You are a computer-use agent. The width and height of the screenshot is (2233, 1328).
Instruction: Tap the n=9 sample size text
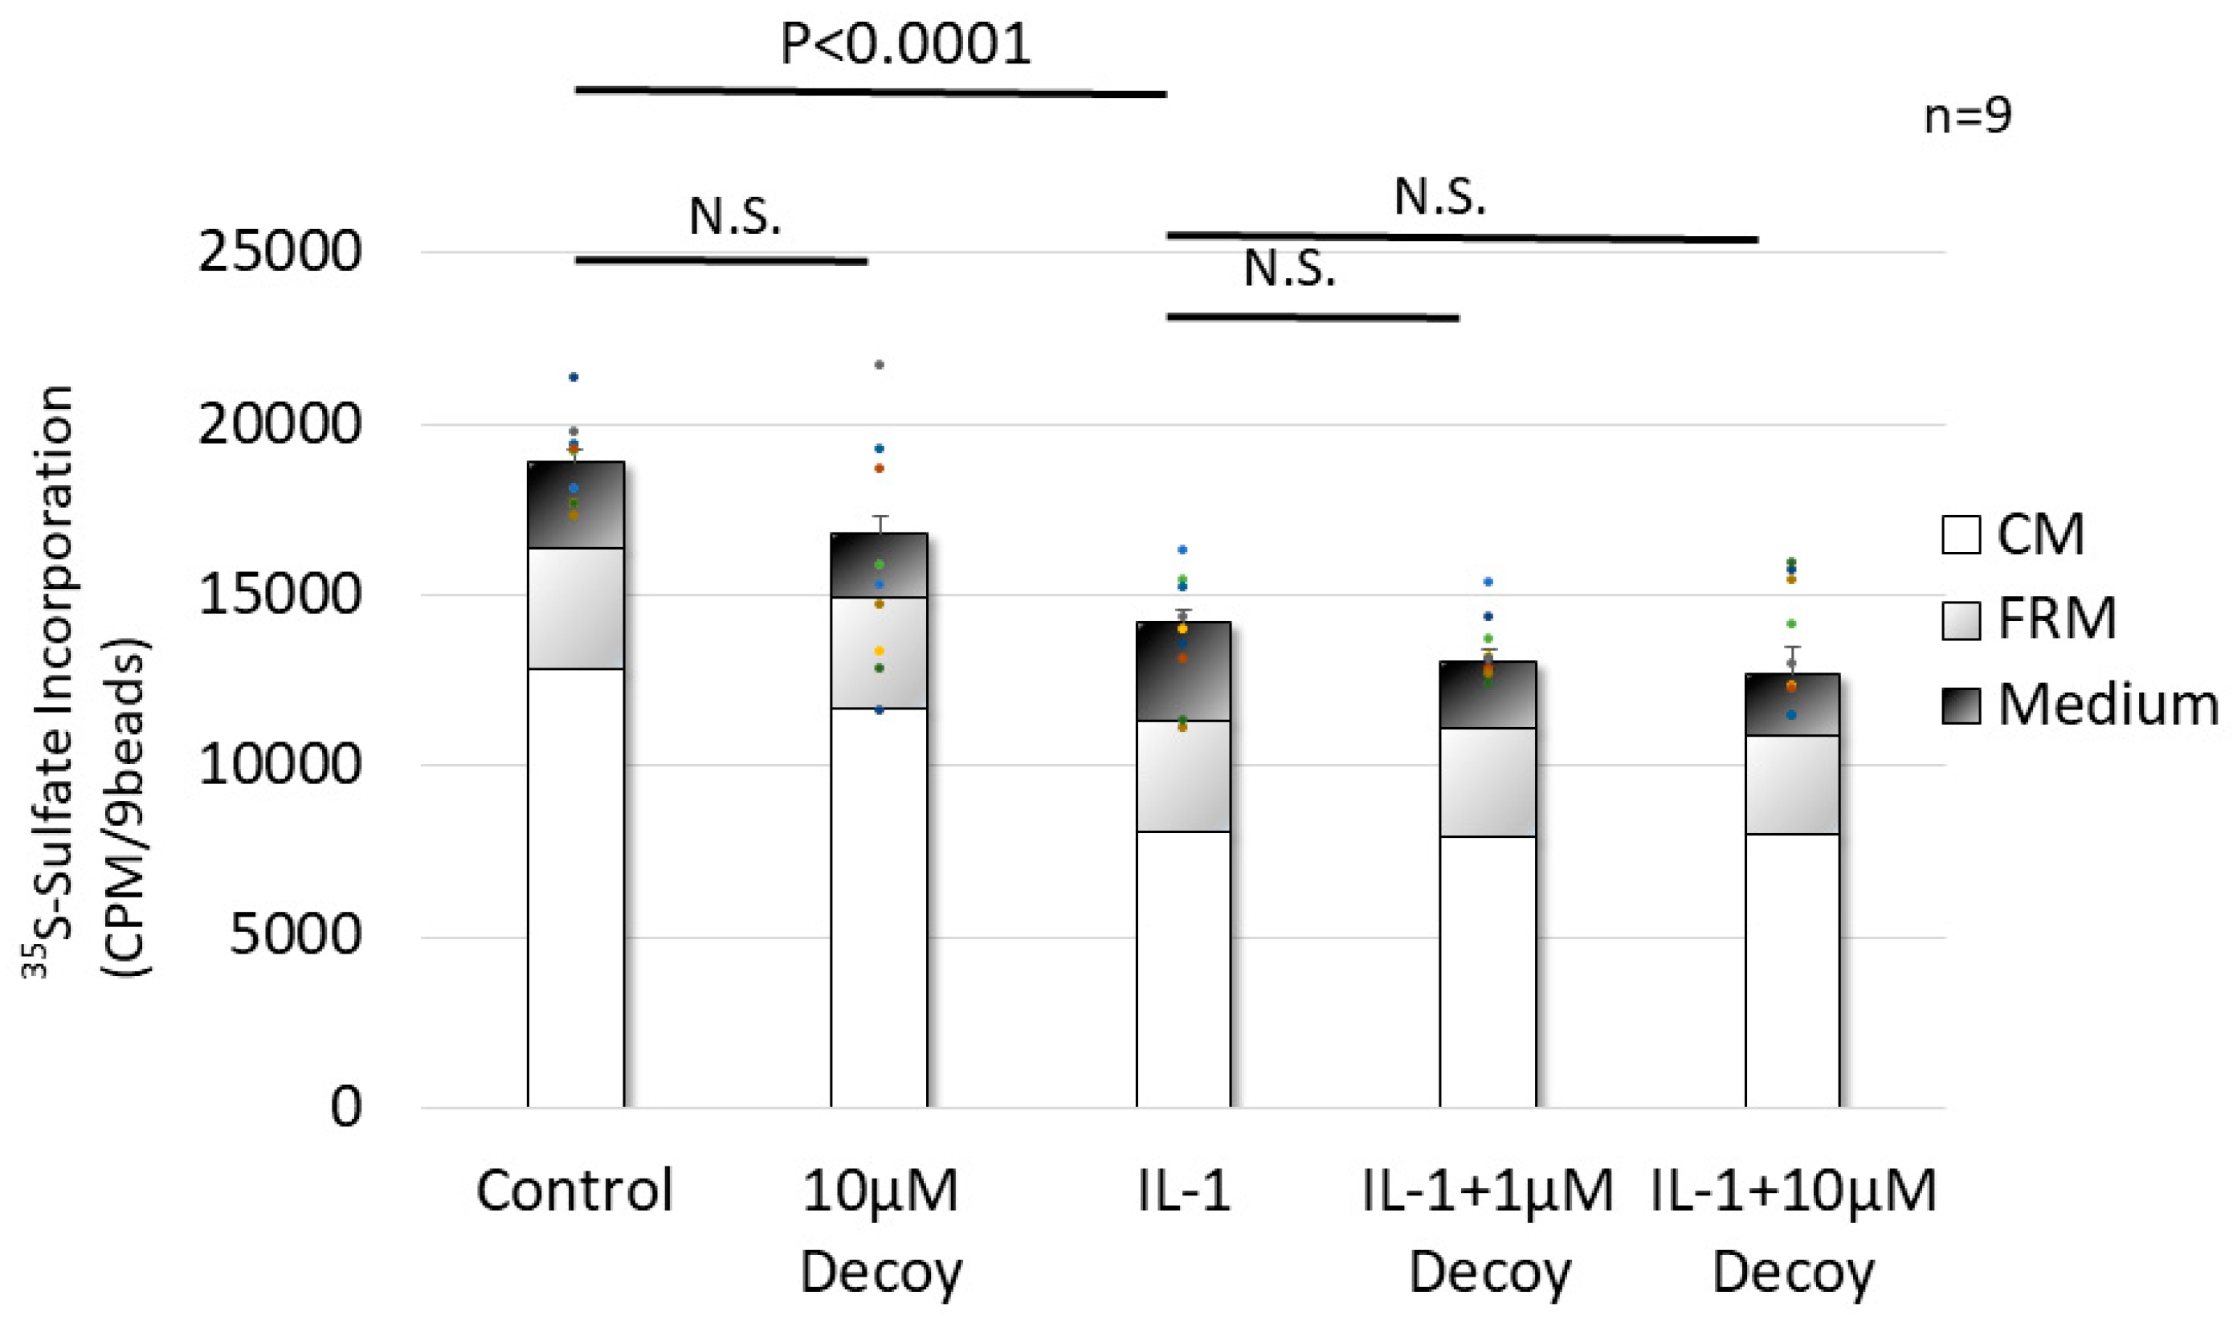pyautogui.click(x=1967, y=116)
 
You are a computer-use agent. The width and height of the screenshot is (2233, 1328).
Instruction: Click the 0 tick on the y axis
pyautogui.click(x=345, y=1107)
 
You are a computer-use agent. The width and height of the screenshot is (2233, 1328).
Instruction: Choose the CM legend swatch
pyautogui.click(x=1960, y=535)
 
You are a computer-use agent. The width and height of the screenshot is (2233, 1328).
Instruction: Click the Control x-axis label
pyautogui.click(x=574, y=1191)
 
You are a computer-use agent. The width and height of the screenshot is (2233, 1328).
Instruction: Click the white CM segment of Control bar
pyautogui.click(x=575, y=886)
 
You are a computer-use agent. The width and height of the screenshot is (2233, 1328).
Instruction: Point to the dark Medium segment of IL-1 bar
pyautogui.click(x=1182, y=671)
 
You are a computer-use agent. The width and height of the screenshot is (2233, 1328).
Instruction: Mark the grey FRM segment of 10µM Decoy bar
pyautogui.click(x=879, y=653)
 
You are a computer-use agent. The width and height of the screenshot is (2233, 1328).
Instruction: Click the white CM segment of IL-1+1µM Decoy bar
pyautogui.click(x=1487, y=971)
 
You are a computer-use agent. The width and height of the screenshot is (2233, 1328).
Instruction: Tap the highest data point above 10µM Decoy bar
pyautogui.click(x=880, y=365)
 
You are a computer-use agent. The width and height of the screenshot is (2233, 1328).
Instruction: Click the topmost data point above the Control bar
pyautogui.click(x=574, y=378)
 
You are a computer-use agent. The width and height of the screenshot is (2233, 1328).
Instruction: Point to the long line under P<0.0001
pyautogui.click(x=870, y=92)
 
